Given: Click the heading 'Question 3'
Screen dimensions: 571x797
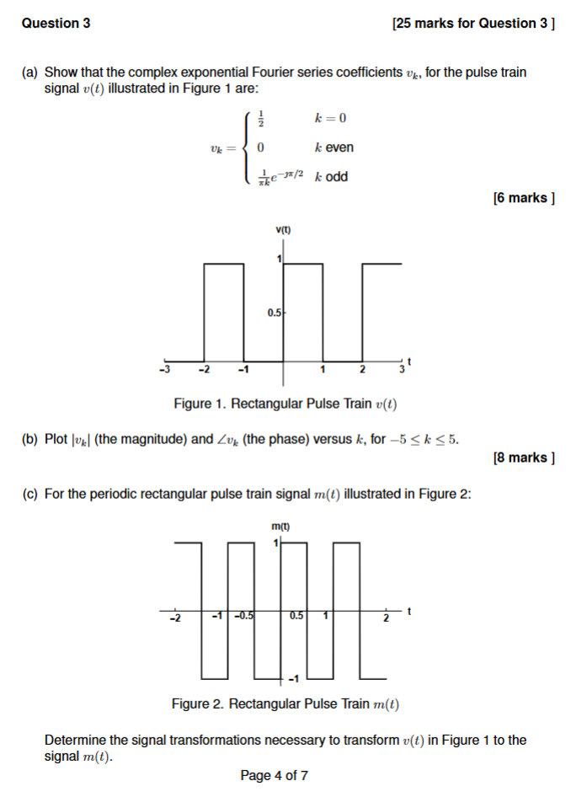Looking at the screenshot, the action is pyautogui.click(x=56, y=24).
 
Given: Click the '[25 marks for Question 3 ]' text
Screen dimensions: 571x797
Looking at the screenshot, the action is pyautogui.click(x=473, y=24).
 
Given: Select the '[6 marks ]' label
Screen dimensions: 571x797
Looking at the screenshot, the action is pyautogui.click(x=523, y=198).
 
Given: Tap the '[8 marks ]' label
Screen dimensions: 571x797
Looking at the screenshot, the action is pyautogui.click(x=523, y=457).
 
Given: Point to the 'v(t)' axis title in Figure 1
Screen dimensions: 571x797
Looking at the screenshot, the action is pyautogui.click(x=282, y=230).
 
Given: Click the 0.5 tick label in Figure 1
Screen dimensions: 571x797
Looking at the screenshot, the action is pyautogui.click(x=275, y=313).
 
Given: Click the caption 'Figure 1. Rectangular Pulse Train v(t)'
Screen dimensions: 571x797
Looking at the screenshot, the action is pyautogui.click(x=285, y=404).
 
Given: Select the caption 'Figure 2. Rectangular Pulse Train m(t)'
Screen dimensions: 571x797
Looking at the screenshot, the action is pyautogui.click(x=285, y=703).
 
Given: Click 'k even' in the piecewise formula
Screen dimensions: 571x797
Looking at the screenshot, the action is pyautogui.click(x=334, y=147).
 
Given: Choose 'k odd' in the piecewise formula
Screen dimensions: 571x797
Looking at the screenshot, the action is pyautogui.click(x=331, y=177).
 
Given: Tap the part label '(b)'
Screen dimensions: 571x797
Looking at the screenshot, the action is pyautogui.click(x=31, y=439).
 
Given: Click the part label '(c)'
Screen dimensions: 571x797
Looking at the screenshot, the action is pyautogui.click(x=31, y=494).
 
